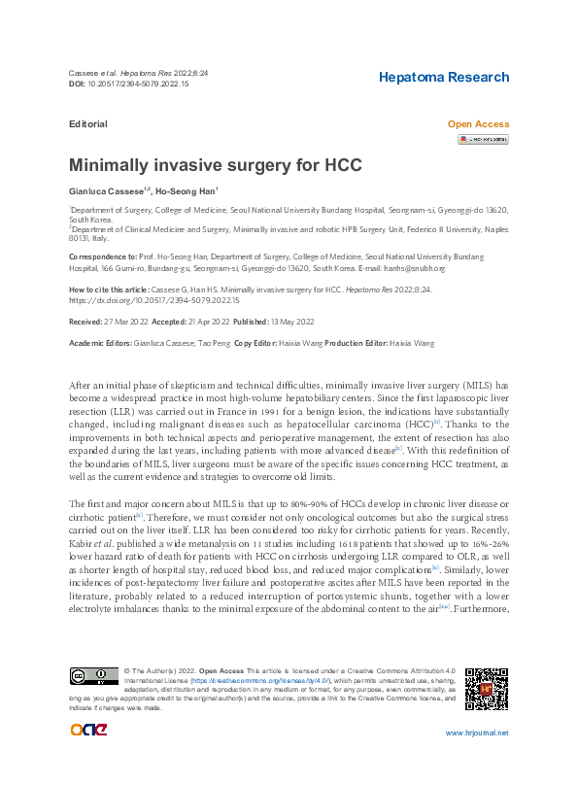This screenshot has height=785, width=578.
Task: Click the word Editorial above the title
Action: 88,124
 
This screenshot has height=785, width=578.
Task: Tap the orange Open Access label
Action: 477,124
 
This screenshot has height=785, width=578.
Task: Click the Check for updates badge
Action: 483,140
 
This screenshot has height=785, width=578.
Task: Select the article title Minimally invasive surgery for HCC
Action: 215,165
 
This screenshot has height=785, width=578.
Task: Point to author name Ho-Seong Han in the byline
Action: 191,191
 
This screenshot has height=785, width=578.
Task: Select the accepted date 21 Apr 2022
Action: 203,320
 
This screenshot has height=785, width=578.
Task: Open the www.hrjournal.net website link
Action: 476,734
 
